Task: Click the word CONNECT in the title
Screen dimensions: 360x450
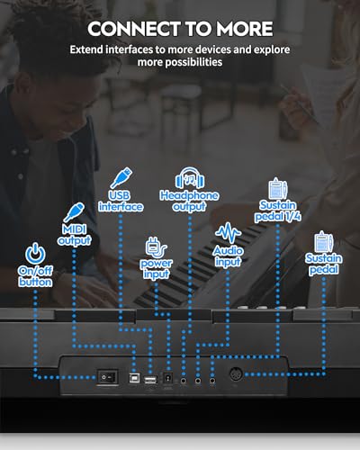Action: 133,29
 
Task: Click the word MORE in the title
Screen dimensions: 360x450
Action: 245,29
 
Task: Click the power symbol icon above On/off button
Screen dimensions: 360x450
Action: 35,254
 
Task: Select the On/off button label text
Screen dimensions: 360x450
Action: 35,276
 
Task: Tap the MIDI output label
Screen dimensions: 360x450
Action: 75,235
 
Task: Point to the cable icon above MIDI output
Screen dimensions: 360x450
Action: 74,212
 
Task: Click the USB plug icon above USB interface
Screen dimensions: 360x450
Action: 121,178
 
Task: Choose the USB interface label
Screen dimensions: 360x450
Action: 121,201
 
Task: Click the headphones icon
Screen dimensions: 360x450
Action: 190,177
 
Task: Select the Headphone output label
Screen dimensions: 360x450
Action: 189,201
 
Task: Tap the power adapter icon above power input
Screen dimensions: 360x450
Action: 156,247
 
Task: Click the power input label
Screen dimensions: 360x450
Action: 156,269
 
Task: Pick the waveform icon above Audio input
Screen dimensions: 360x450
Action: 228,233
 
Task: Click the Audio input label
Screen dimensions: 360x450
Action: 228,256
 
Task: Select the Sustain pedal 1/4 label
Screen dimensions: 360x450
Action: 277,211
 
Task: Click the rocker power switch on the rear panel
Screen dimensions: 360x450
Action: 107,377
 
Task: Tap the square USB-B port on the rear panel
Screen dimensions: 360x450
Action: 134,378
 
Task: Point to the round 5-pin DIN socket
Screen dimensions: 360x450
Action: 236,374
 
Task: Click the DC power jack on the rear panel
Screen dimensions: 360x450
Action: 167,378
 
